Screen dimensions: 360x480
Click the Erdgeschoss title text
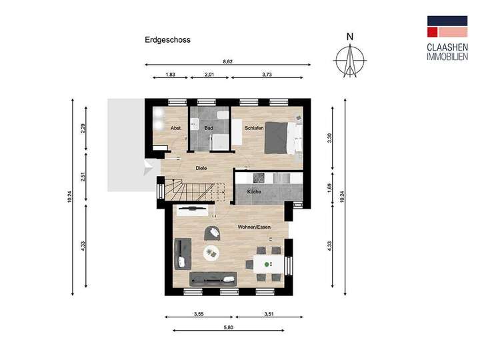(x=167, y=40)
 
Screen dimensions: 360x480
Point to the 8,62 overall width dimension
(x=228, y=61)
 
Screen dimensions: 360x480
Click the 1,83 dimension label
(x=170, y=75)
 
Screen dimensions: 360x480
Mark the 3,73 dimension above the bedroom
(x=267, y=75)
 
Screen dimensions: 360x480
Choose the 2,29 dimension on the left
(x=83, y=129)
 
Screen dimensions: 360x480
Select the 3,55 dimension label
(x=199, y=313)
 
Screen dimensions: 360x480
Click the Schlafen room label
(x=254, y=128)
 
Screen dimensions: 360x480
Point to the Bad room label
(x=209, y=128)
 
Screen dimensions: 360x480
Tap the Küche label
(x=254, y=192)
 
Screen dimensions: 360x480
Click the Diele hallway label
(x=201, y=168)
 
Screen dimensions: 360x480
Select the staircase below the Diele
(x=189, y=191)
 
